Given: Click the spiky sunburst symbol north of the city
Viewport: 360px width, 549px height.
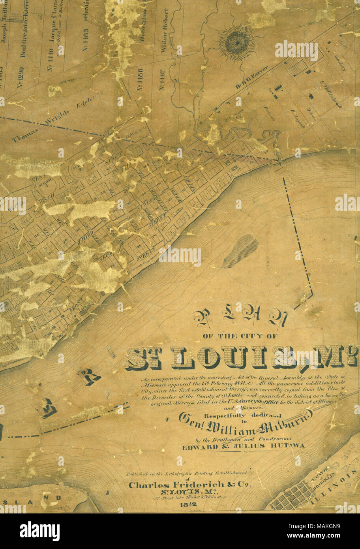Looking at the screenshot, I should (x=237, y=43).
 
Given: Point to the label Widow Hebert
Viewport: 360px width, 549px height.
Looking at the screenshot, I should (x=165, y=30).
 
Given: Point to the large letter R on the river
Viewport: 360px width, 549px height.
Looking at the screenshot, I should (x=89, y=377).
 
